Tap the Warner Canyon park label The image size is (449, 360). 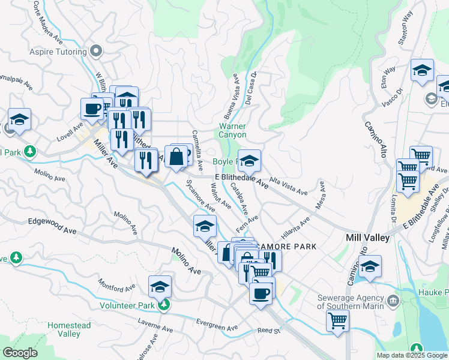point(232,131)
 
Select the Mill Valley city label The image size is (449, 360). point(368,238)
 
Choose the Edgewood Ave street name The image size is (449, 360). point(52,221)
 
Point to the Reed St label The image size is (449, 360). point(269,331)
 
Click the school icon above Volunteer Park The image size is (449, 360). point(160,286)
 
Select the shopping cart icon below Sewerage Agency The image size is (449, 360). point(337,320)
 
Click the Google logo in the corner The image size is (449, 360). point(20,353)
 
